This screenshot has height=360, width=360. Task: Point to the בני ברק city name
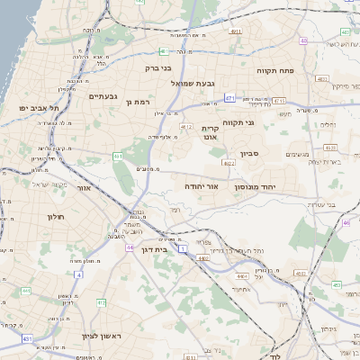(159, 67)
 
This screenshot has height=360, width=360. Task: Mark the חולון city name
(52, 216)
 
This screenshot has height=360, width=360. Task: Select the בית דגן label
(156, 249)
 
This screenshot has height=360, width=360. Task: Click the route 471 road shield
(230, 97)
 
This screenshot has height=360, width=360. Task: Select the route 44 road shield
(130, 247)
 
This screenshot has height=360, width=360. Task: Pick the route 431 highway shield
(28, 338)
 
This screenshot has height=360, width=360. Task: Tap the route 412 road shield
(187, 127)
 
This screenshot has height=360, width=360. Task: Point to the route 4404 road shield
(203, 258)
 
